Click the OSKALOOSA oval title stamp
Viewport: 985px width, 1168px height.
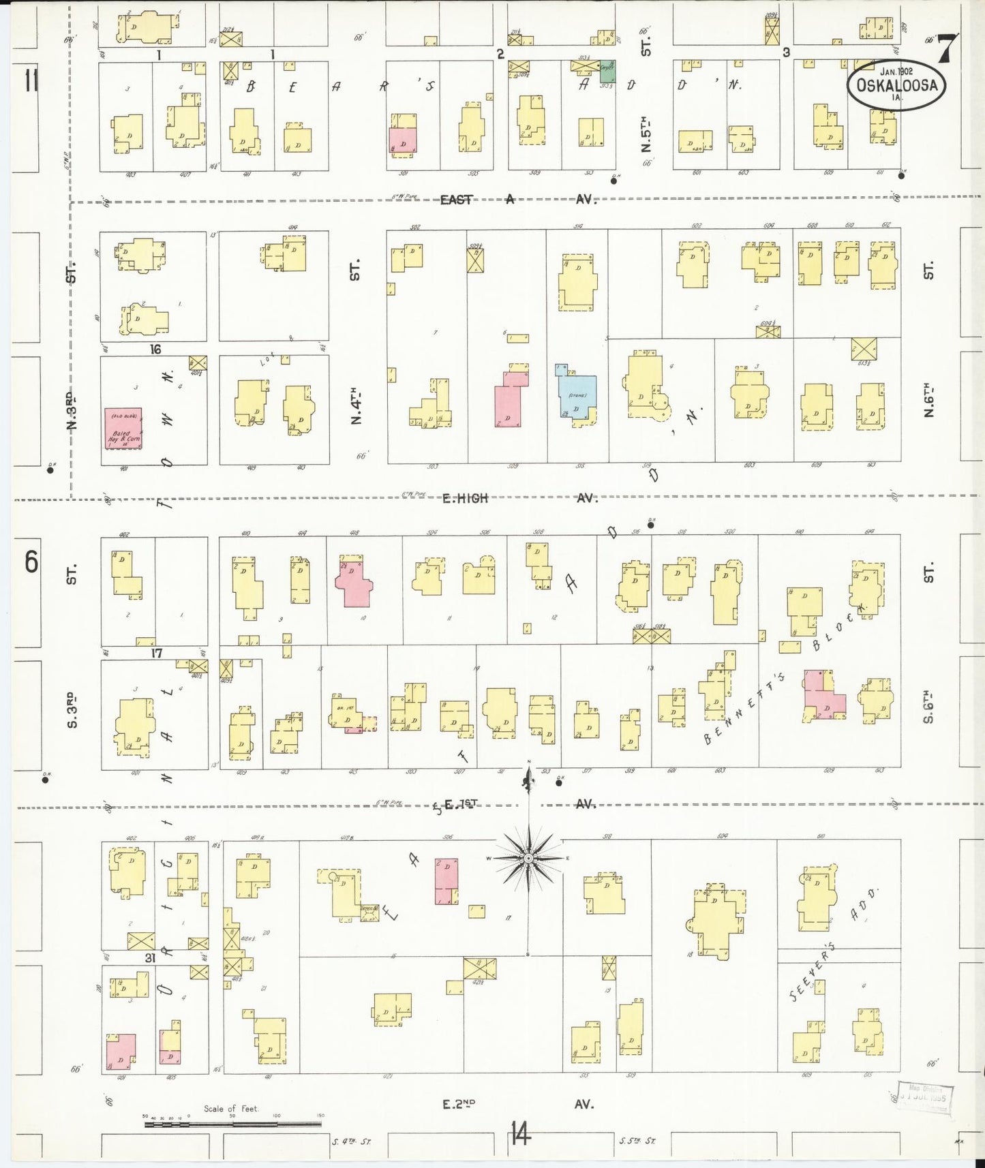[898, 86]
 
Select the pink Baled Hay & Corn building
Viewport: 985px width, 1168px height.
[123, 428]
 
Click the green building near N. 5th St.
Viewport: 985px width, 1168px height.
[607, 71]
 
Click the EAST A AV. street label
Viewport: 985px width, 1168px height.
[518, 200]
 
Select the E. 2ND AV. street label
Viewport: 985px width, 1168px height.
[518, 1103]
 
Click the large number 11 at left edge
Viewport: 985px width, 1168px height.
[31, 82]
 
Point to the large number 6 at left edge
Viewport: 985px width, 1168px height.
[31, 564]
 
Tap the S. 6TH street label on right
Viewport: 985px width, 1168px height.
[928, 707]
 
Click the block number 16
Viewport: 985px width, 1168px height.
[157, 350]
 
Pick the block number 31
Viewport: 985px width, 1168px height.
[151, 957]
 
